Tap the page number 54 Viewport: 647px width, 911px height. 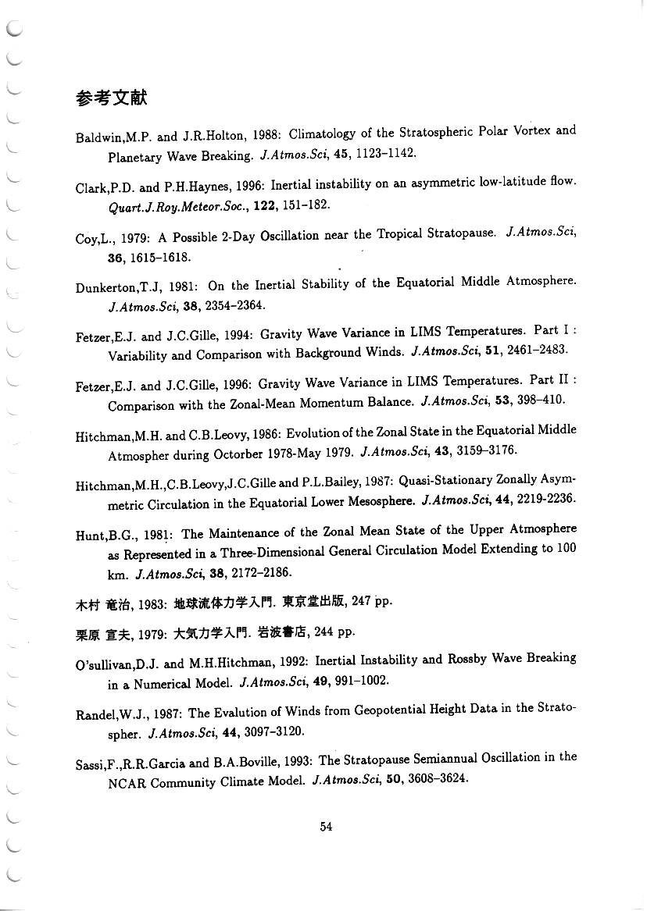pyautogui.click(x=327, y=827)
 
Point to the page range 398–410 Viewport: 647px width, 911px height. pyautogui.click(x=538, y=401)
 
